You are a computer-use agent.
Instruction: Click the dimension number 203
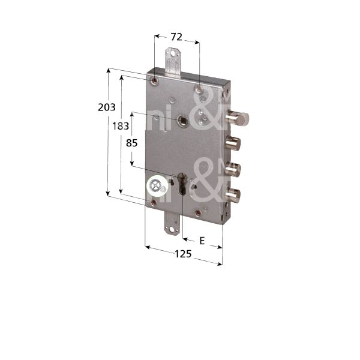point(106,107)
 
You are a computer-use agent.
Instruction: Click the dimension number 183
point(120,127)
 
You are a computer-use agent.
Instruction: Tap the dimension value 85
point(132,143)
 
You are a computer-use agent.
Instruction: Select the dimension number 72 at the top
point(176,37)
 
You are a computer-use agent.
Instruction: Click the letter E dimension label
point(202,241)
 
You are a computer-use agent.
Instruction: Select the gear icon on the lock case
point(154,187)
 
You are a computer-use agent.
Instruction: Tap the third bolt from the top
point(233,169)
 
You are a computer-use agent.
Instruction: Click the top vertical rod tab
point(174,64)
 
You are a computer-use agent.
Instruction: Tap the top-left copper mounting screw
point(155,80)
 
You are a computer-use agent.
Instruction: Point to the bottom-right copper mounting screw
point(199,212)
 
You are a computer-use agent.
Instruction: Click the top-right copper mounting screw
point(199,89)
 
